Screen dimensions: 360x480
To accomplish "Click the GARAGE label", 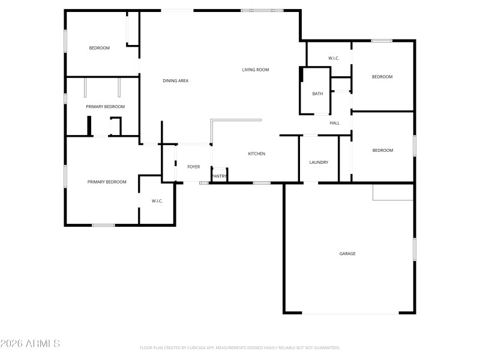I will [347, 254].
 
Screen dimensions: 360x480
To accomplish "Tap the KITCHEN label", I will [257, 154].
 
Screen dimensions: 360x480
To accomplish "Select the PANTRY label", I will [219, 176].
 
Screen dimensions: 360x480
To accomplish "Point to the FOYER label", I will [193, 167].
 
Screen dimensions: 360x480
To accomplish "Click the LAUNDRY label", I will [319, 163].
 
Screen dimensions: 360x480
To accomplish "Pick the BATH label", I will [317, 94].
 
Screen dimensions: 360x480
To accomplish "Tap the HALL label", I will [335, 123].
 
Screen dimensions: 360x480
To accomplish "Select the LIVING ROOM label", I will [256, 70].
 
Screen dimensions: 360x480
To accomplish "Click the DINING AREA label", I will [176, 80].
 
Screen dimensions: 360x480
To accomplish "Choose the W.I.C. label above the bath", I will [334, 58].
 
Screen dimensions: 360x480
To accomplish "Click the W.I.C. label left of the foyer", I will [157, 201].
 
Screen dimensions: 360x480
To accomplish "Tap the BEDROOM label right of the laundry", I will [382, 150].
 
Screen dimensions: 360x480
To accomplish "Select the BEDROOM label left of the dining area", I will [100, 48].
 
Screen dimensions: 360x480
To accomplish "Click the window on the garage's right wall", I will [414, 249].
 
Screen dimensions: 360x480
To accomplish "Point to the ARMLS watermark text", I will [30, 344].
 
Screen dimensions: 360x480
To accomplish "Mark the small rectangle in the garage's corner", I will [393, 192].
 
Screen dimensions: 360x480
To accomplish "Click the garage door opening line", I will [349, 313].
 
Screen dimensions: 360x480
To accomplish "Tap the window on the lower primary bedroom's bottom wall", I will [103, 225].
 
